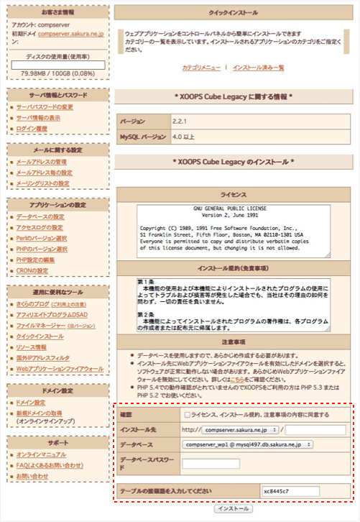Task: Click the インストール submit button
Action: coord(232,508)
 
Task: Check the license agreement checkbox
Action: coord(188,415)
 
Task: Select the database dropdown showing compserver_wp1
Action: coord(246,445)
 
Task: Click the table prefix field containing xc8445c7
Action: coord(290,491)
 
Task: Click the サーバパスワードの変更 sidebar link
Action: coord(45,107)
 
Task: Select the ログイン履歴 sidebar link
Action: coord(33,129)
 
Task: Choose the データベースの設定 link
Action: coord(40,216)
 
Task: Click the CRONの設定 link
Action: coord(33,270)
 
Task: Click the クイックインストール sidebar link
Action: coord(41,336)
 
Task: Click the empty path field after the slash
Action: coord(315,430)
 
